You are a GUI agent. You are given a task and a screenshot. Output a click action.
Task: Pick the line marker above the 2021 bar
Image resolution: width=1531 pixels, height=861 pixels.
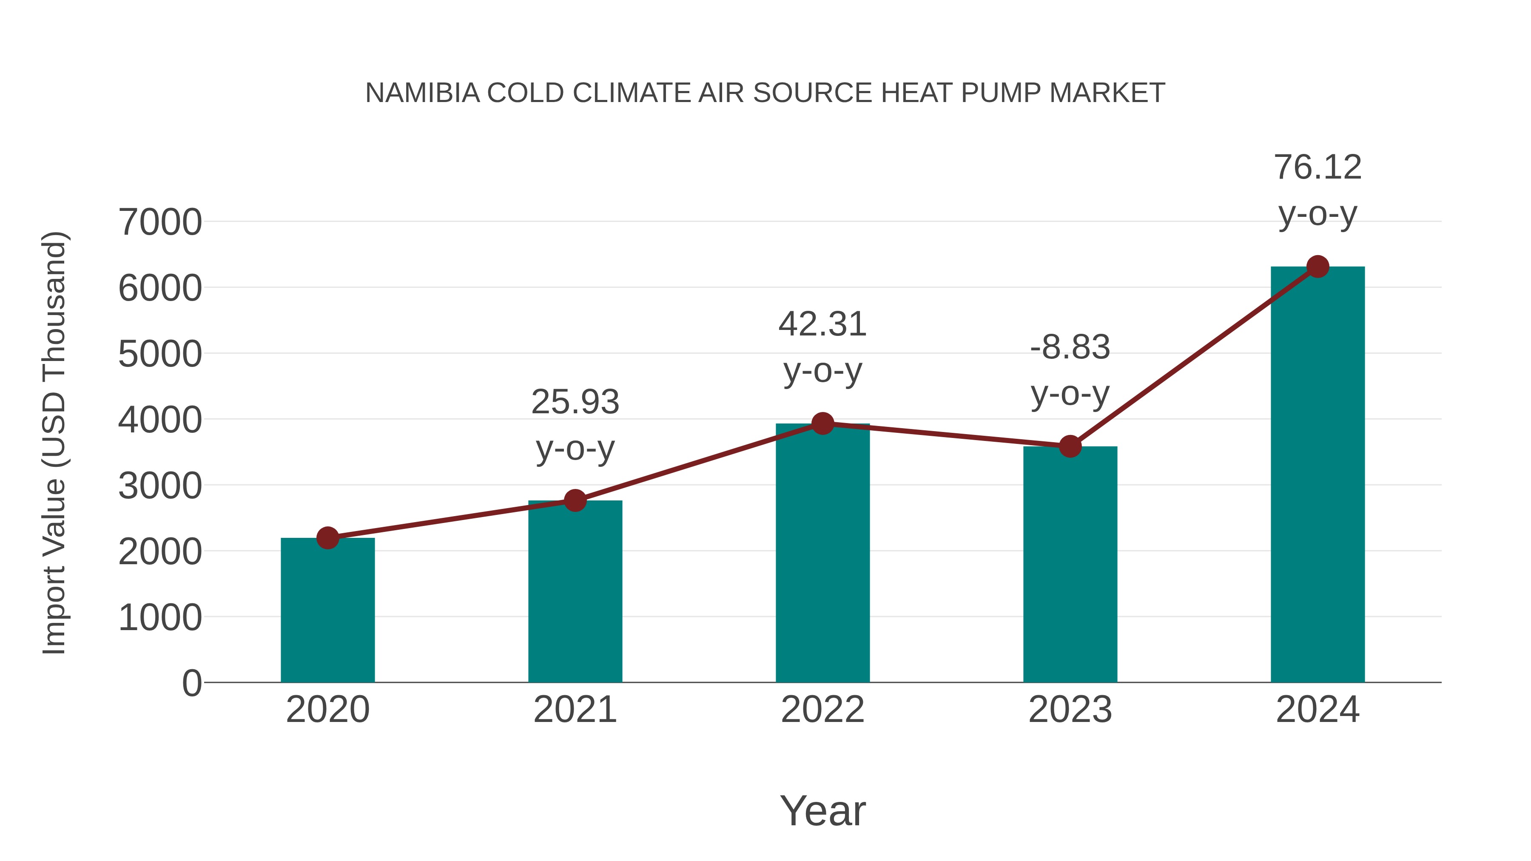coord(575,500)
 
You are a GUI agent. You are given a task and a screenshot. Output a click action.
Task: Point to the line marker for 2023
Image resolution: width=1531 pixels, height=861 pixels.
coord(1070,446)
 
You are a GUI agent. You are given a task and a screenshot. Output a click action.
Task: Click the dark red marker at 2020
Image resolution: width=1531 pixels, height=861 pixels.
coord(327,538)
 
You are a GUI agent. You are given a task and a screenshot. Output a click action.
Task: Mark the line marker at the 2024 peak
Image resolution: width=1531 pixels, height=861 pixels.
coord(1318,267)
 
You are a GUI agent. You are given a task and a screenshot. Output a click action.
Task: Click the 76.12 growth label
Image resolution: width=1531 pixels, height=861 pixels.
coord(1318,167)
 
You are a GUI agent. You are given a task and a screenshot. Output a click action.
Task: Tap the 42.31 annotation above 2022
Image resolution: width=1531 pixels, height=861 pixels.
coord(822,324)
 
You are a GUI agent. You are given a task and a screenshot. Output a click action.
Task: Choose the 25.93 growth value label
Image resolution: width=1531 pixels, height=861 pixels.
coord(575,402)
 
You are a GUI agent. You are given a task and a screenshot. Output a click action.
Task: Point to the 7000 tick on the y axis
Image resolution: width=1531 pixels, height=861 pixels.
coord(160,222)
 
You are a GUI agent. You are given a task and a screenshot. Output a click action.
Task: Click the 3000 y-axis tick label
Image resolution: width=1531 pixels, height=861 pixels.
coord(160,486)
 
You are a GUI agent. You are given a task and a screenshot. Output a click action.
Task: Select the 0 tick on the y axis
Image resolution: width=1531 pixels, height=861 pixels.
coord(191,683)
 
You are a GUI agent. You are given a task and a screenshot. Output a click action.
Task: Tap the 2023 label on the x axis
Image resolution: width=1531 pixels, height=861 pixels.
coord(1070,710)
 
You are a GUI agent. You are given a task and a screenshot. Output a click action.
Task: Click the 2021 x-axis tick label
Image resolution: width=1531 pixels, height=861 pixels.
coord(575,710)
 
